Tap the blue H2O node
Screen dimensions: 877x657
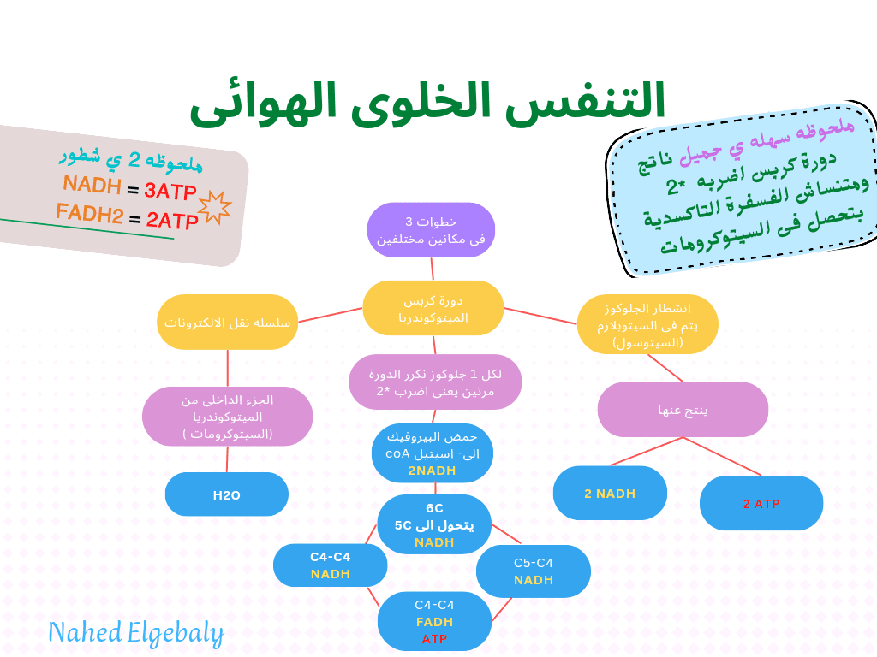226,494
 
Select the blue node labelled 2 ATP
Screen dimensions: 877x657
761,503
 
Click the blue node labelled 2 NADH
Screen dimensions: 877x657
610,493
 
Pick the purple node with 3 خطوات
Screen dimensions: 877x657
431,230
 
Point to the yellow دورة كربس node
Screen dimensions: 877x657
433,308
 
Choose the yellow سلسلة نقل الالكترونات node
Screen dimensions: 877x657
227,322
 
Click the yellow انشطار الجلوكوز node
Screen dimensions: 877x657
647,324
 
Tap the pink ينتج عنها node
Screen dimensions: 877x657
683,410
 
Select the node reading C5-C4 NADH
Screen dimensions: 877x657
533,571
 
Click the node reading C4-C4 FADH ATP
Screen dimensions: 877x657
434,621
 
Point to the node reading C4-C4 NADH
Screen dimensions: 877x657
330,565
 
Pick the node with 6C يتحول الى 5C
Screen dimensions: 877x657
434,524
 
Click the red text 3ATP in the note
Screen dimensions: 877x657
170,191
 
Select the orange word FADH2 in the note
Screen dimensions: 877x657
89,213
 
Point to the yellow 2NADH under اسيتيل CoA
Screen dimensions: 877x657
432,471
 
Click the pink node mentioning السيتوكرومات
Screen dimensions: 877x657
227,417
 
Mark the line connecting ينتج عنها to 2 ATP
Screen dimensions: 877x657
722,457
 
